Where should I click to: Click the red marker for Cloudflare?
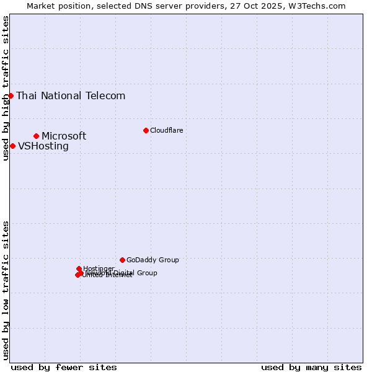[x=146, y=130]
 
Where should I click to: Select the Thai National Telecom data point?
[x=11, y=95]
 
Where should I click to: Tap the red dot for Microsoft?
[x=36, y=136]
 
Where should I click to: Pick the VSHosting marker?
[x=12, y=146]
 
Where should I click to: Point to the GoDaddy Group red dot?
[x=122, y=260]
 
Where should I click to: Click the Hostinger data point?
[x=79, y=268]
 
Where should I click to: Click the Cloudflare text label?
[x=166, y=130]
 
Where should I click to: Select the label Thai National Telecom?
[x=71, y=95]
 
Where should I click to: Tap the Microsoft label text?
[x=64, y=136]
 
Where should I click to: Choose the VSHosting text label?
[x=43, y=146]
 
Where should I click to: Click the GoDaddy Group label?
[x=153, y=260]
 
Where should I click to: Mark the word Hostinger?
[x=99, y=268]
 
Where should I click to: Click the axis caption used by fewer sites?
[x=64, y=367]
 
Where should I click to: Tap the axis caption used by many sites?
[x=311, y=367]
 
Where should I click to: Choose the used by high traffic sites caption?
[x=6, y=88]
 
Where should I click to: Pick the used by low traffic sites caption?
[x=6, y=290]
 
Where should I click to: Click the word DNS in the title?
[x=139, y=6]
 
